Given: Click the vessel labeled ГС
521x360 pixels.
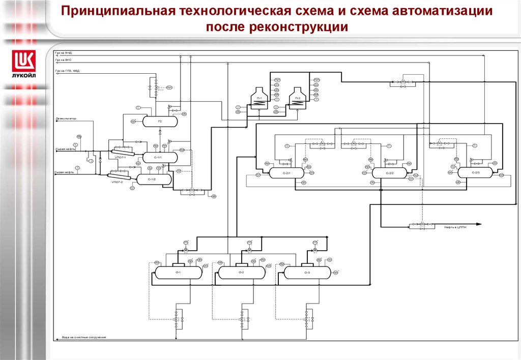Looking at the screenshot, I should click(159, 122).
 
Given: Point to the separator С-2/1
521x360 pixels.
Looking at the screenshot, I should click(286, 173).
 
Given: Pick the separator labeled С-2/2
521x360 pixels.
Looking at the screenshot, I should click(389, 173).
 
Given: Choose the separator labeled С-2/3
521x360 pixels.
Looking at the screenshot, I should click(475, 173).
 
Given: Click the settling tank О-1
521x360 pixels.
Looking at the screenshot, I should click(178, 273).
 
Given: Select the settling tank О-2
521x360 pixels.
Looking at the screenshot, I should click(241, 273).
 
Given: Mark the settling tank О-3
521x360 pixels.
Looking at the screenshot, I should click(307, 273).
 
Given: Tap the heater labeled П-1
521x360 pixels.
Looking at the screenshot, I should click(259, 98).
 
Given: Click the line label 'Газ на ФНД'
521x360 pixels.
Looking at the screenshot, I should click(64, 52).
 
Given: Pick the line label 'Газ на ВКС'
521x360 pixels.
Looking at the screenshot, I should click(64, 60).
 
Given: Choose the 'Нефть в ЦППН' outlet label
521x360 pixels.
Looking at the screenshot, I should click(455, 227).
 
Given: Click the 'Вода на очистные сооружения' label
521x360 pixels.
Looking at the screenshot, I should click(84, 337).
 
